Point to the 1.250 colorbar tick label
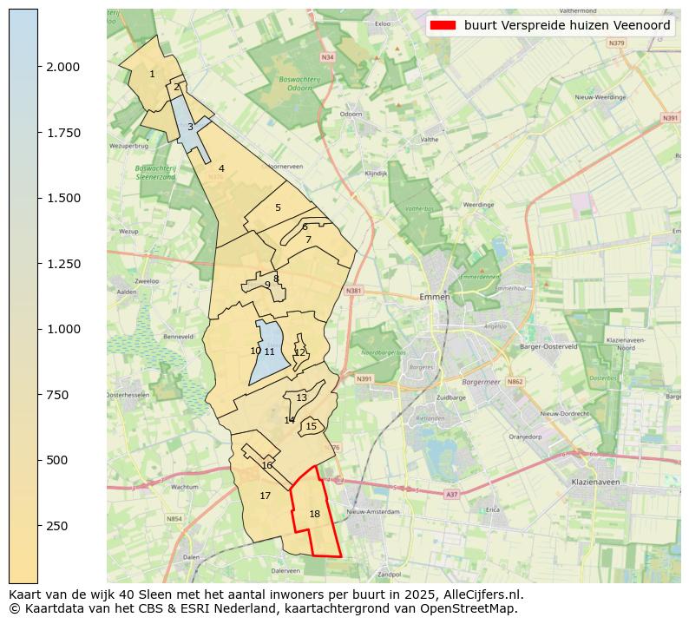click(x=63, y=264)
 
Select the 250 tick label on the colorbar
click(x=58, y=526)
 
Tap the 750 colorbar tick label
click(x=58, y=395)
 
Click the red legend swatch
click(x=443, y=25)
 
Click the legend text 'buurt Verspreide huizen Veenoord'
click(x=567, y=25)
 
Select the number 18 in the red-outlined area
click(x=314, y=514)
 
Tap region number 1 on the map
click(x=152, y=74)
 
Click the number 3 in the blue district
click(x=190, y=127)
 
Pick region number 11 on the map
click(x=269, y=351)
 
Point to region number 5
click(x=278, y=207)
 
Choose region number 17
click(x=266, y=496)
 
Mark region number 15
click(x=311, y=426)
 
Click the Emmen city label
click(x=434, y=297)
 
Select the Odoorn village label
click(x=351, y=114)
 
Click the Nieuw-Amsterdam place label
click(x=372, y=512)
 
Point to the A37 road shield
click(x=450, y=494)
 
